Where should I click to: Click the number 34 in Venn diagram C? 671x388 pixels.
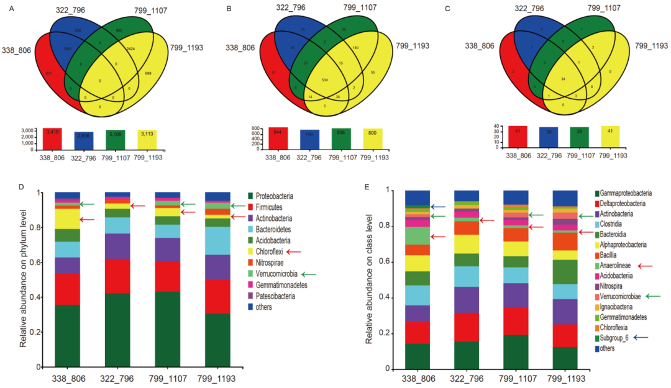pos(562,79)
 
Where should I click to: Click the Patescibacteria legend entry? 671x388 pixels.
pos(278,296)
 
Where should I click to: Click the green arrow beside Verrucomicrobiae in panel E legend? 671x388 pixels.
pos(652,297)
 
